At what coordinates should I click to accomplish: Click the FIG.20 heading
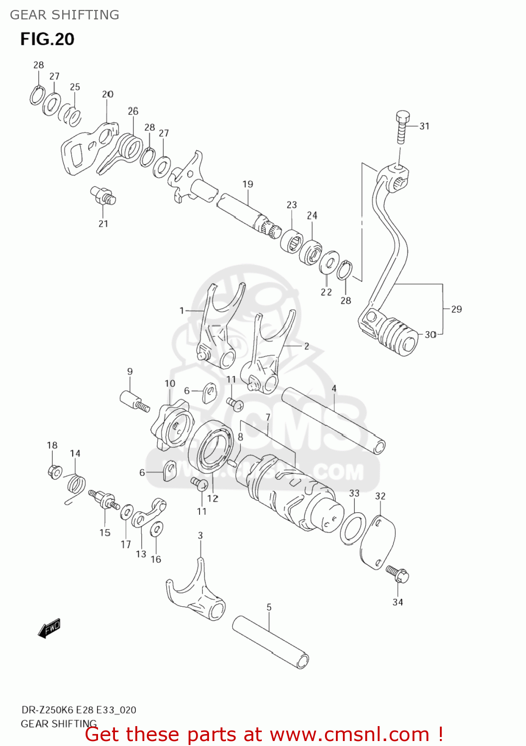coord(47,39)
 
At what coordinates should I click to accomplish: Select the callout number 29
coord(456,309)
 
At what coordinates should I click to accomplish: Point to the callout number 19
coord(248,185)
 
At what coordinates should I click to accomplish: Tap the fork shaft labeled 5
coord(270,642)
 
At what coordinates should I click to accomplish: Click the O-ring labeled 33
coord(353,530)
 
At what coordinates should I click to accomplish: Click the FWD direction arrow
coord(49,628)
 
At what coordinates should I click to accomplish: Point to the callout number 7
coord(268,417)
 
